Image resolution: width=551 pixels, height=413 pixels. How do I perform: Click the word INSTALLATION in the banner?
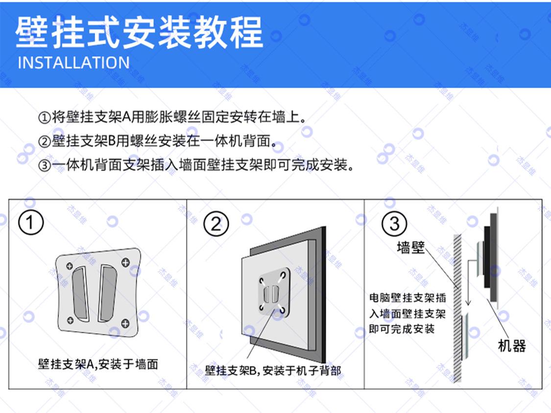click(x=73, y=63)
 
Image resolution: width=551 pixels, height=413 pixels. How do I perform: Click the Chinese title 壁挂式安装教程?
click(x=139, y=32)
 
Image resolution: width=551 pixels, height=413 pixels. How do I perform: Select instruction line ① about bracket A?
click(x=172, y=117)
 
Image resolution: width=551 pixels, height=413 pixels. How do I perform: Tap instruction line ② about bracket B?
click(x=157, y=141)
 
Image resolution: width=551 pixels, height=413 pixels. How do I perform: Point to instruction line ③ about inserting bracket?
click(x=196, y=165)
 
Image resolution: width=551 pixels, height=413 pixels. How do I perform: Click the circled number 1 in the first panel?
click(x=31, y=222)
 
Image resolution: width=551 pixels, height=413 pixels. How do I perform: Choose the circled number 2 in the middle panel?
click(x=216, y=224)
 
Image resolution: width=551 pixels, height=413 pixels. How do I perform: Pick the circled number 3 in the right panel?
click(x=394, y=223)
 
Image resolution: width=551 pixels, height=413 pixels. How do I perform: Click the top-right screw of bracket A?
click(x=125, y=262)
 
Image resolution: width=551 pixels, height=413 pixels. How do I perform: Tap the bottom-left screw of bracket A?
click(x=70, y=320)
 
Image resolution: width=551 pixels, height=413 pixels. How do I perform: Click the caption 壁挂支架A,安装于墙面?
click(x=98, y=364)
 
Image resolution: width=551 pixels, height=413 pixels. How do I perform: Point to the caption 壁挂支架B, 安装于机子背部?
click(x=273, y=370)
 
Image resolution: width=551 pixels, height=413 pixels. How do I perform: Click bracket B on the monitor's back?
click(x=273, y=293)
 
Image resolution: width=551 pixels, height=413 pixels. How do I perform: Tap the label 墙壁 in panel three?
click(x=411, y=247)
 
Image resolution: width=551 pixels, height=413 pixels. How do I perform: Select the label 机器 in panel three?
click(x=512, y=346)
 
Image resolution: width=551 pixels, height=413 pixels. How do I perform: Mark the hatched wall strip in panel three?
click(x=457, y=308)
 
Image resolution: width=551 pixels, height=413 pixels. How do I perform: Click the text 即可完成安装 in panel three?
click(x=402, y=329)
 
